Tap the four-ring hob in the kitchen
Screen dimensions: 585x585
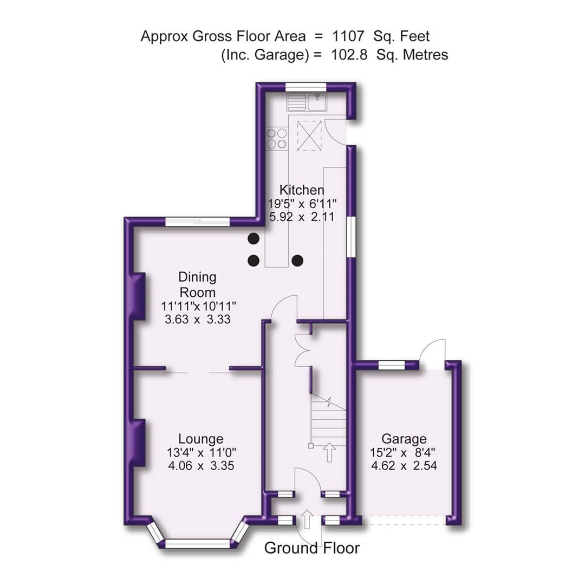point(276,139)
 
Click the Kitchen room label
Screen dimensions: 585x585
point(302,190)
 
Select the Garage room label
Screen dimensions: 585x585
point(404,439)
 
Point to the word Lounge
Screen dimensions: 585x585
point(201,439)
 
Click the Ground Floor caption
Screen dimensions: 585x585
point(311,548)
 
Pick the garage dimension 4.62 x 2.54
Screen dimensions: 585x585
point(404,465)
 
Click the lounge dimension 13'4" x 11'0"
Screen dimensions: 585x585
point(201,452)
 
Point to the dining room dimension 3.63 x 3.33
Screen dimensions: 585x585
point(198,319)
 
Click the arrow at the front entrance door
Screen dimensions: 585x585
point(307,519)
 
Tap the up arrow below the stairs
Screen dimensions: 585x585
point(329,452)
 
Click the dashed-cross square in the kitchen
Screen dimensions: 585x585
point(310,135)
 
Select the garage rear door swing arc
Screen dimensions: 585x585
point(433,350)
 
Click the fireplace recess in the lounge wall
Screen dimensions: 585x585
point(138,441)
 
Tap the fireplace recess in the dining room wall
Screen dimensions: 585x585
point(138,296)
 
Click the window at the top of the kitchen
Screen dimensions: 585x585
point(306,87)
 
